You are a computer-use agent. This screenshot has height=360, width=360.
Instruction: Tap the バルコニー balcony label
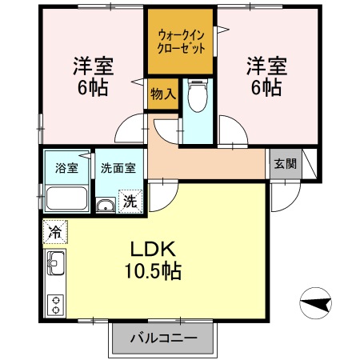(x=163, y=338)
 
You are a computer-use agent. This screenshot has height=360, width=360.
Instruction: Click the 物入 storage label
(x=162, y=94)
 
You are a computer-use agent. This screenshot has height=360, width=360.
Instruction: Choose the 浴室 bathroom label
(x=66, y=168)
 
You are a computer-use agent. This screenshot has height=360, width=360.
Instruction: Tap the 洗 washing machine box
(x=130, y=202)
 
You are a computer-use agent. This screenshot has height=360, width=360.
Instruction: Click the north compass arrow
(x=316, y=304)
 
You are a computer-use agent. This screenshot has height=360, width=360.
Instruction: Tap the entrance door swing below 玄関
(x=284, y=192)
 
